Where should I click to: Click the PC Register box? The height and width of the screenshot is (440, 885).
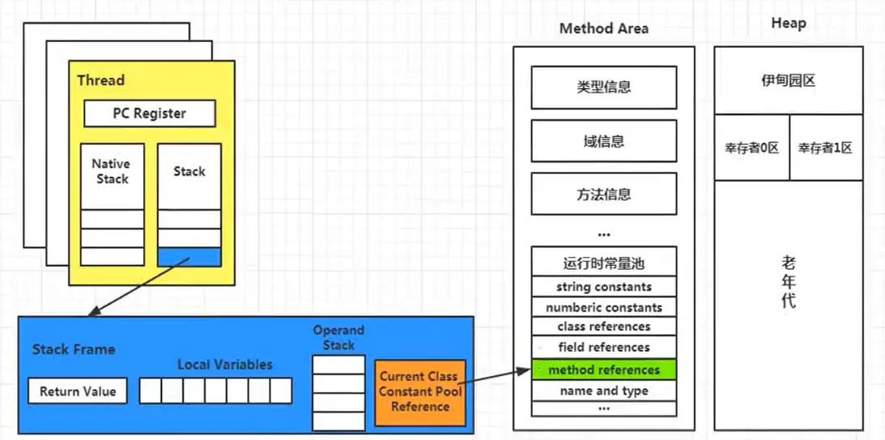point(150,113)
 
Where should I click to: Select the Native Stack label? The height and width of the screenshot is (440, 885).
point(111,171)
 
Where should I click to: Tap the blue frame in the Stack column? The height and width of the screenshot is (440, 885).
point(189,257)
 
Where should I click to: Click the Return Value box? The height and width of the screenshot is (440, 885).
point(78,391)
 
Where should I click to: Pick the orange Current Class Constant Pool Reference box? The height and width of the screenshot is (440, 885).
point(420,392)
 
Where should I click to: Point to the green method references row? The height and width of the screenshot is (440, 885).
point(604,370)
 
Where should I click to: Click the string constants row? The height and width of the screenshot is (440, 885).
point(604,287)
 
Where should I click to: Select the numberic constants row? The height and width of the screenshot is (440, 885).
point(604,308)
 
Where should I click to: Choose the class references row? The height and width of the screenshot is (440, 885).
point(604,327)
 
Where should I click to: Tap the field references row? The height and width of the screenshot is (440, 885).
point(604,348)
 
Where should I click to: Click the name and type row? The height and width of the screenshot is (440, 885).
point(604,391)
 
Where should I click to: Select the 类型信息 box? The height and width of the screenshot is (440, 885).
point(604,88)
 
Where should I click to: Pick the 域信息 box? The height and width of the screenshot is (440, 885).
point(604,141)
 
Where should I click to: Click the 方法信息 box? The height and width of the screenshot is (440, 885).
point(604,194)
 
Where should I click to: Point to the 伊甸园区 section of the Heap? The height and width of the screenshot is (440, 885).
point(789,80)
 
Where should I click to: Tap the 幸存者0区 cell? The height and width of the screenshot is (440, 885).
point(751,147)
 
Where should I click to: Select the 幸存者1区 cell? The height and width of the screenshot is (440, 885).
point(827,147)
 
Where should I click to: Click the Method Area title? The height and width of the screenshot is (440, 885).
point(604,28)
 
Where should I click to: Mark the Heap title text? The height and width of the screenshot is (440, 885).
point(789,23)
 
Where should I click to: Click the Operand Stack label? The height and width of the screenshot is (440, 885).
point(338,338)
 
